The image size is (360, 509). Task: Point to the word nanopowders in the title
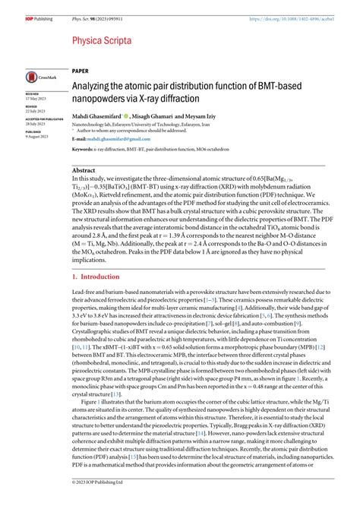103,99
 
